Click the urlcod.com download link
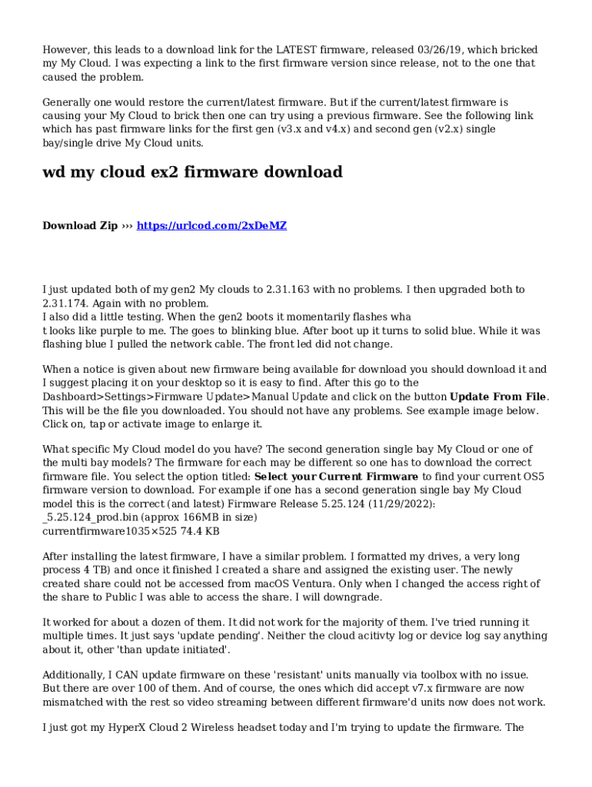[211, 225]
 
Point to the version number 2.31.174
[67, 304]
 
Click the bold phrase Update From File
[498, 397]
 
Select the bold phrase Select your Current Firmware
[336, 477]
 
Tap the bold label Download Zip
[80, 225]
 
